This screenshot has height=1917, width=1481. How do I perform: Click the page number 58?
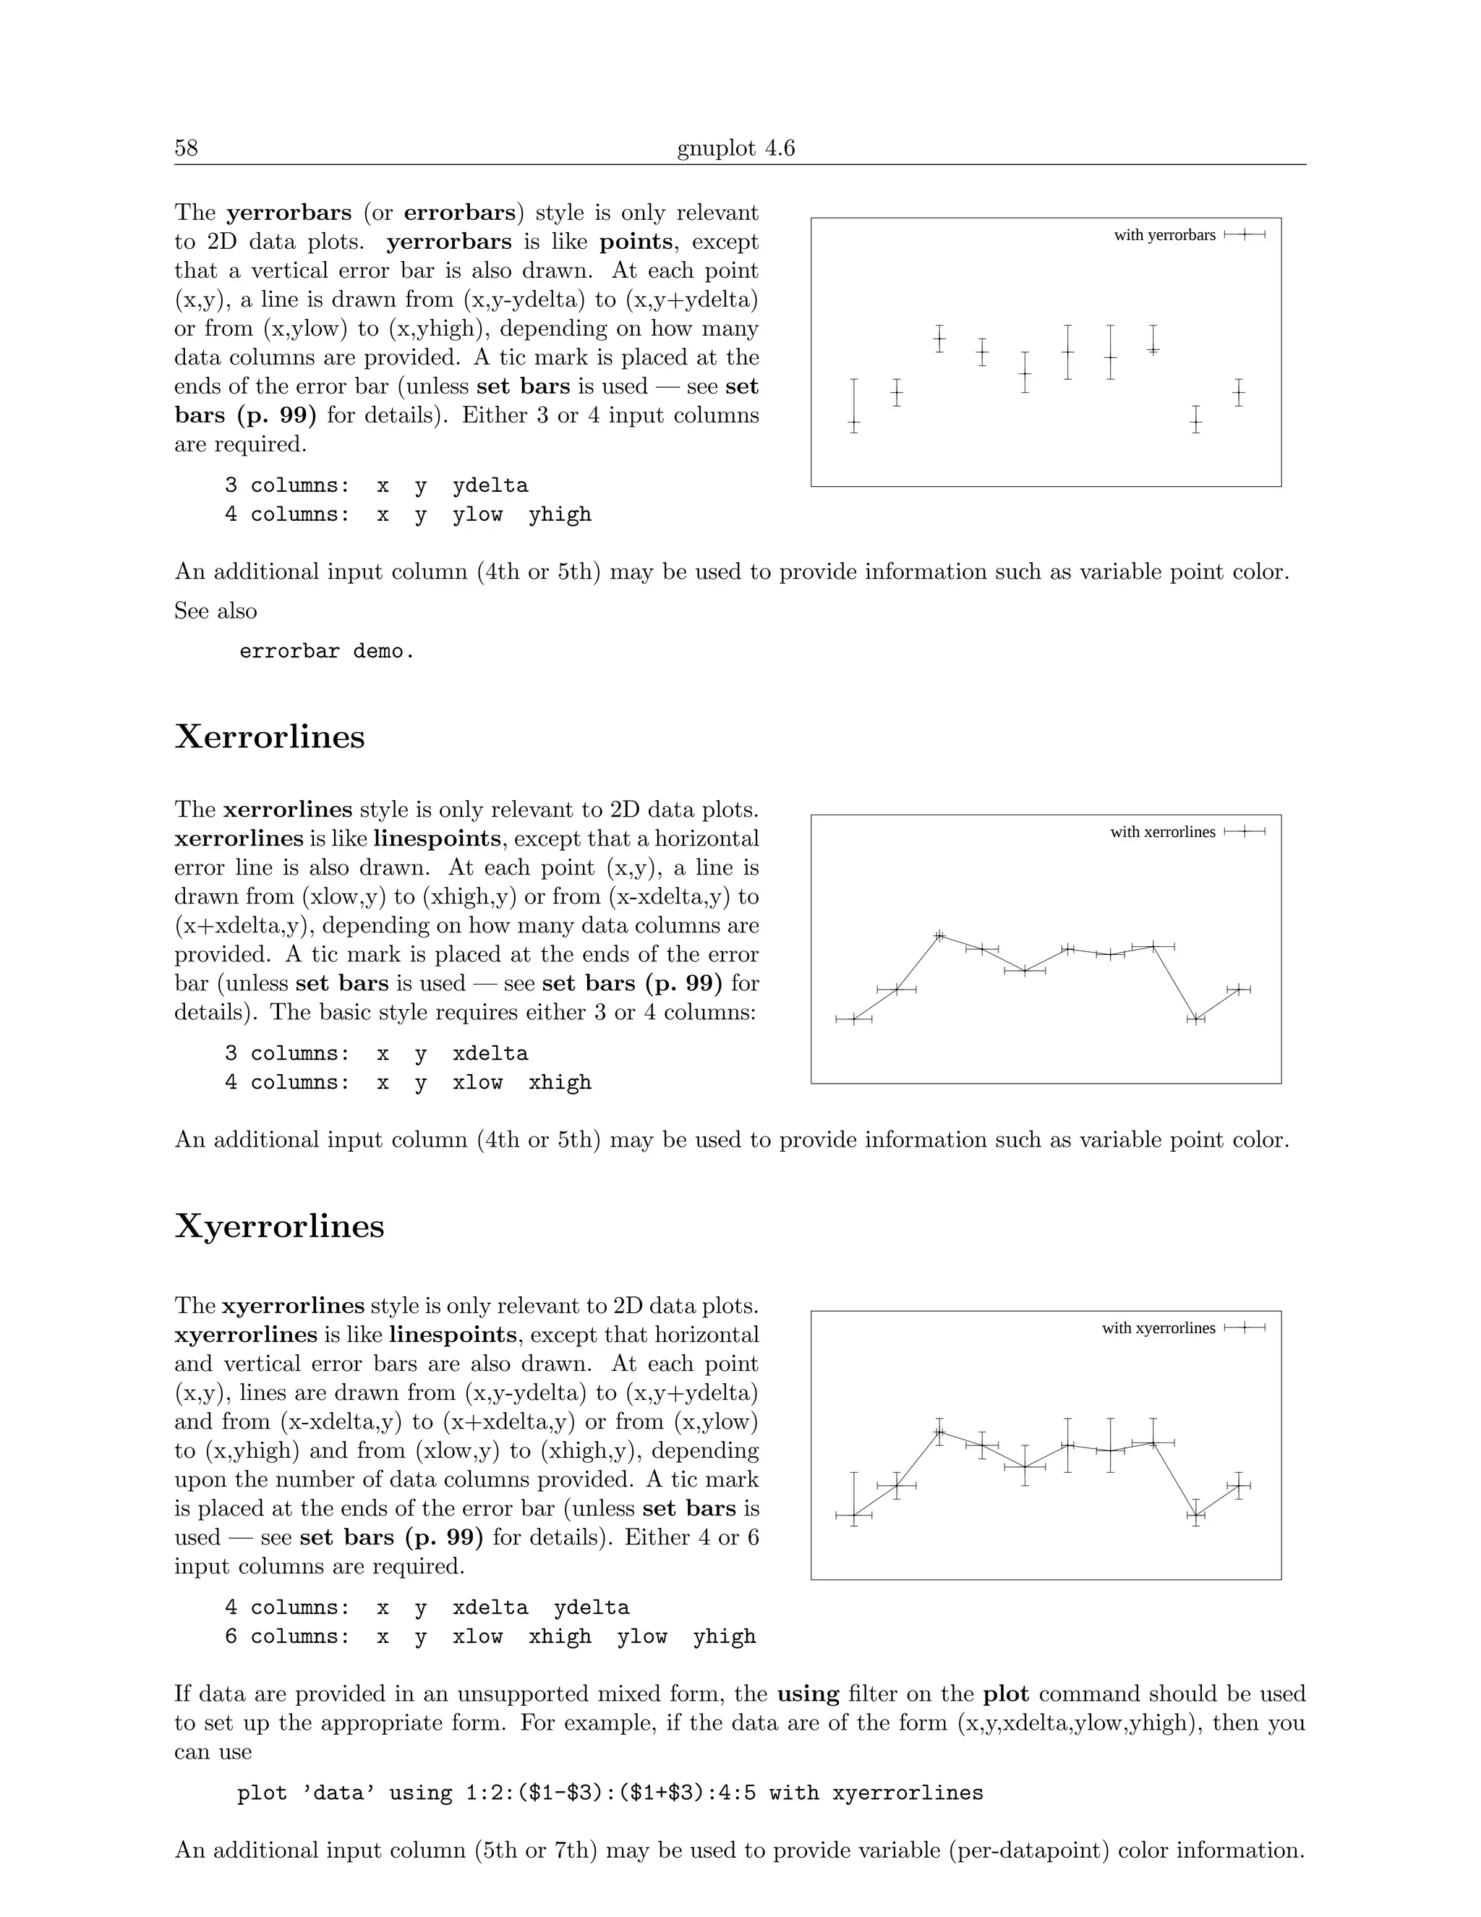click(186, 148)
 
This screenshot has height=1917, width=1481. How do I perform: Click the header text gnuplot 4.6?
click(735, 148)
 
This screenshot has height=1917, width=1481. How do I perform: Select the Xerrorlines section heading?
click(269, 736)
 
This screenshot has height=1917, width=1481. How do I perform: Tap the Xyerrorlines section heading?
click(279, 1225)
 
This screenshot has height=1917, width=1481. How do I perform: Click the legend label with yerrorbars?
click(1164, 234)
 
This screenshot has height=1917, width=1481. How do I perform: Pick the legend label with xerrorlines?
click(1163, 831)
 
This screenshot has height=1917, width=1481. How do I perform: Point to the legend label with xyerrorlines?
click(1158, 1328)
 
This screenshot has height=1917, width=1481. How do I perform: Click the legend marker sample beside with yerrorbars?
click(1244, 234)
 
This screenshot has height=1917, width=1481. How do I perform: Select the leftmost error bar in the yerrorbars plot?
click(854, 407)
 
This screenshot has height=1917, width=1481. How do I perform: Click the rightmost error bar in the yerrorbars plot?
click(1238, 392)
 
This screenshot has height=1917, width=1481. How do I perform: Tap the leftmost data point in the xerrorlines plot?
click(854, 1019)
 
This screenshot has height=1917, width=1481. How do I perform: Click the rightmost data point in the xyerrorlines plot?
click(1238, 1486)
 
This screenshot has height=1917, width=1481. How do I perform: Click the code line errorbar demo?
click(326, 651)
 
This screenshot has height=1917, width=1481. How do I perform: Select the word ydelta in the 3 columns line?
click(490, 485)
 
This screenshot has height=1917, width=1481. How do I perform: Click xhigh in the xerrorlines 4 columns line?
click(559, 1082)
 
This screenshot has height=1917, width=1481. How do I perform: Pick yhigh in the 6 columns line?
click(724, 1636)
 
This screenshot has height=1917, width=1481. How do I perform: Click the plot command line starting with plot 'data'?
click(610, 1793)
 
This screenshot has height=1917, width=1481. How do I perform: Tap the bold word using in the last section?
click(807, 1693)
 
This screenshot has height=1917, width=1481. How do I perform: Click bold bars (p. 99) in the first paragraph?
click(245, 415)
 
